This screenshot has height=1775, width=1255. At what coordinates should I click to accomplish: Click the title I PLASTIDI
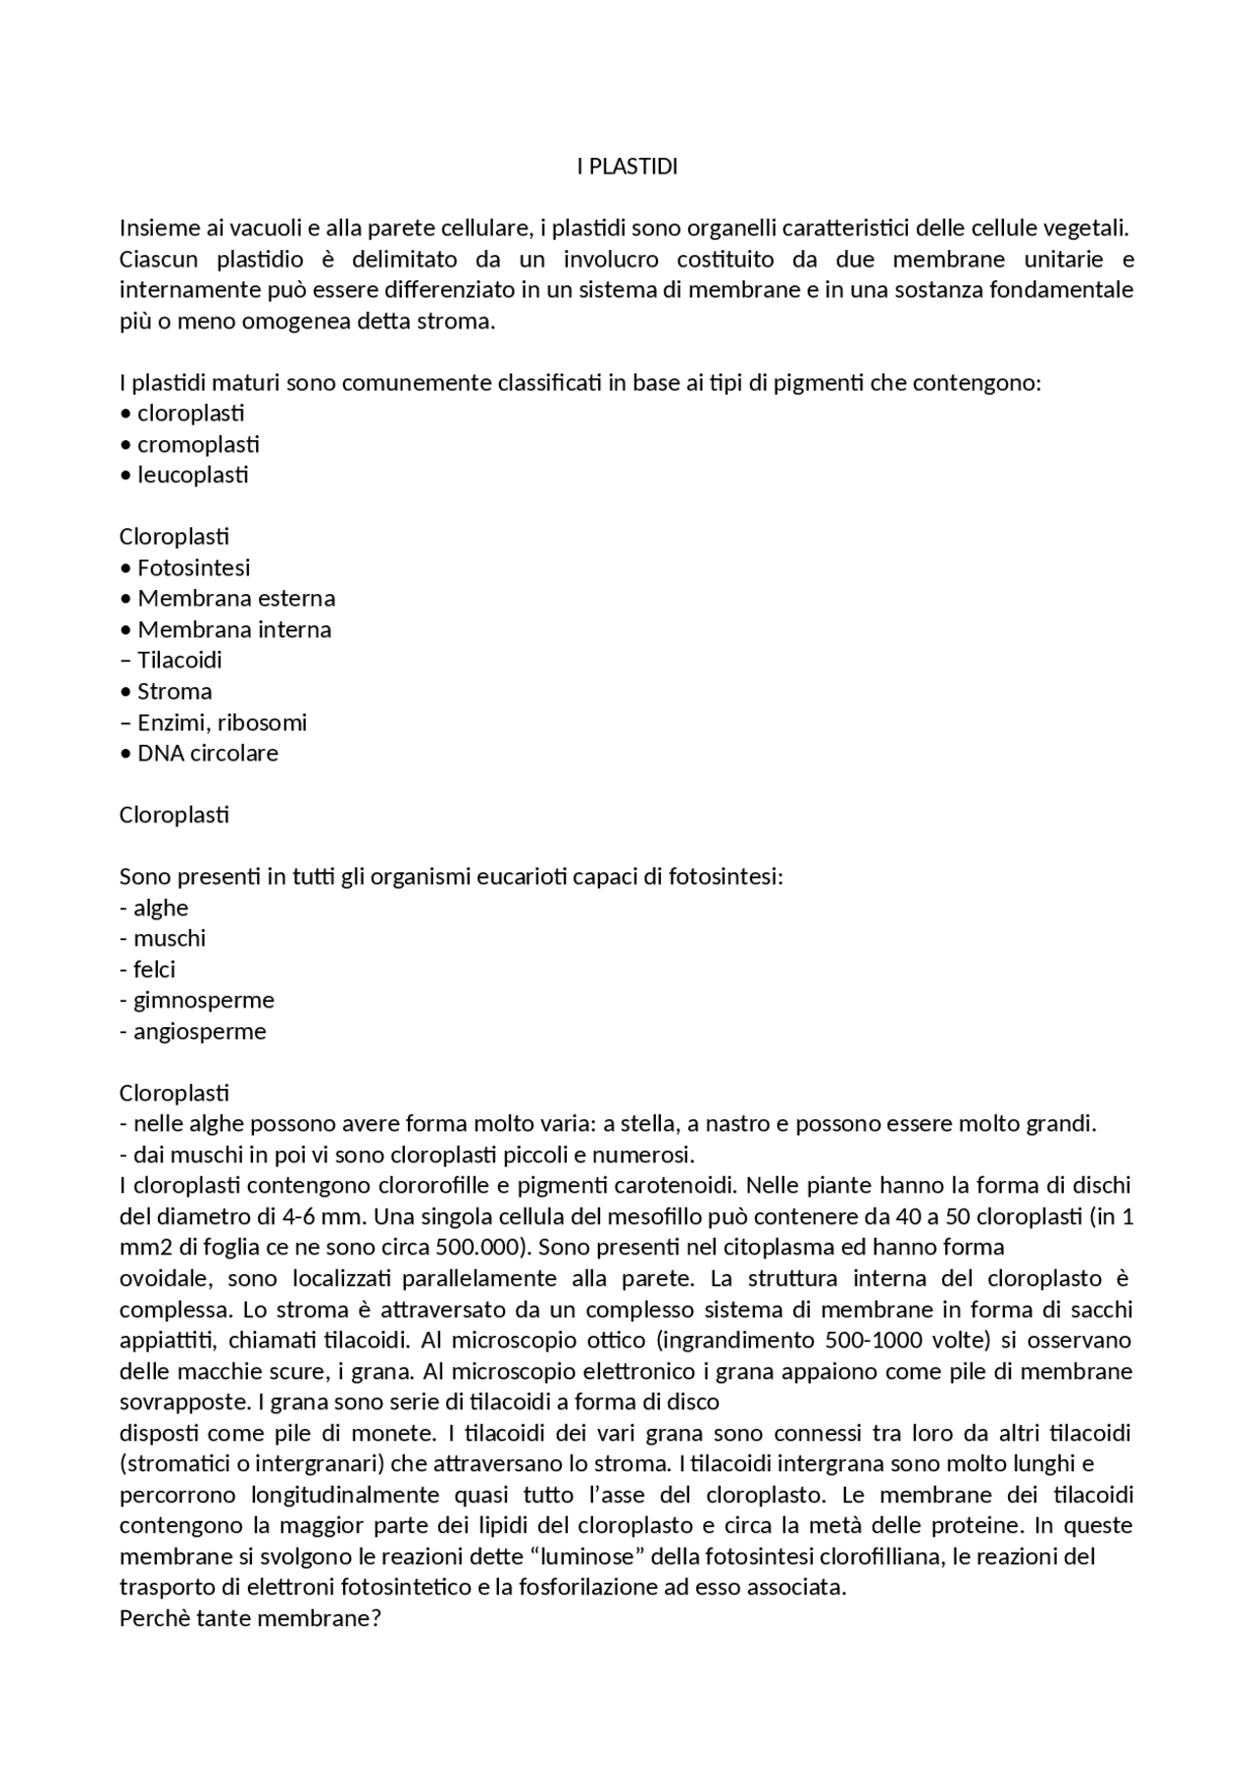pos(627,167)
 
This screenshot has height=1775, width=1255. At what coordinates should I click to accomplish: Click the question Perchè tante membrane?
pos(249,1618)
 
